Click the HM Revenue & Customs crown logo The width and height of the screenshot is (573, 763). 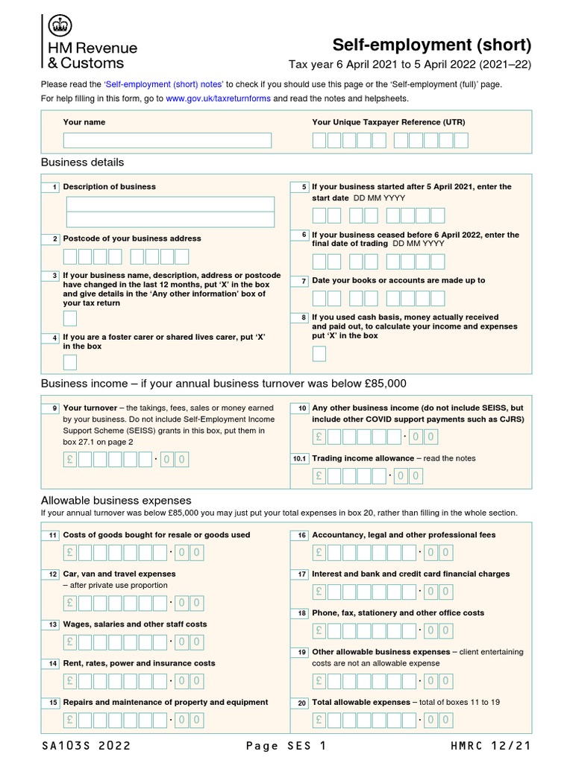pos(59,26)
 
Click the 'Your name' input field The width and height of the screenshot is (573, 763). pos(167,140)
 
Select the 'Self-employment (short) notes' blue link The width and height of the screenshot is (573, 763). pos(164,84)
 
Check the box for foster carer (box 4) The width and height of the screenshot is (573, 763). pos(70,363)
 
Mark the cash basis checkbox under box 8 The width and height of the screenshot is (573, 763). pos(319,353)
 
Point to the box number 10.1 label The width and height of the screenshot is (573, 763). pos(299,459)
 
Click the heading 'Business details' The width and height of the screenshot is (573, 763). pos(82,162)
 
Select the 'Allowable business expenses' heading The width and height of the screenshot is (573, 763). pos(116,501)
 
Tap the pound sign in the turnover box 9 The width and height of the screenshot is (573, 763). pos(70,459)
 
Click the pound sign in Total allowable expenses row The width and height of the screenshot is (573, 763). pos(319,720)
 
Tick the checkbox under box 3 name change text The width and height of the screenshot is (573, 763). pos(70,319)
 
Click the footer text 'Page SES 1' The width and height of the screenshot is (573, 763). pos(286,746)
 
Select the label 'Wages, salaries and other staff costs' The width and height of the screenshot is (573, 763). pos(135,624)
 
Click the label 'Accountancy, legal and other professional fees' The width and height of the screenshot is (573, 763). pos(404,535)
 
